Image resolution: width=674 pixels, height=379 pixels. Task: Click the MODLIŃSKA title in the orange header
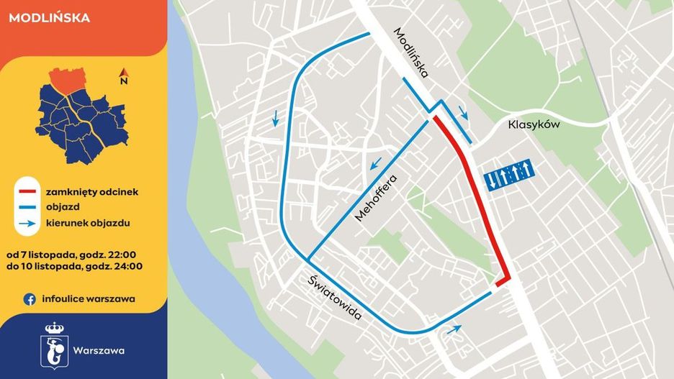[x=50, y=18]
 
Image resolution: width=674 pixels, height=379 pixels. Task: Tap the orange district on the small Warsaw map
[x=68, y=80]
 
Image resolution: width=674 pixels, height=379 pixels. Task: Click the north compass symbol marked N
[x=124, y=76]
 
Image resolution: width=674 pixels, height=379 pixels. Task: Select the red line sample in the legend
[x=27, y=192]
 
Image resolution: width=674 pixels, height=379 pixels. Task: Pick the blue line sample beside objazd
[x=27, y=208]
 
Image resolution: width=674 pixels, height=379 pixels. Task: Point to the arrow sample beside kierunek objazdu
[x=27, y=224]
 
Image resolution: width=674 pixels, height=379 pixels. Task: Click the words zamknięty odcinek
[x=91, y=192]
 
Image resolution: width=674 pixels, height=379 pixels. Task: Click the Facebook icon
[x=30, y=299]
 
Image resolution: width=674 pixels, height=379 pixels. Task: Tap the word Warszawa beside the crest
[x=99, y=351]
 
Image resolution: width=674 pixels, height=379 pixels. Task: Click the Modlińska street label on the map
[x=412, y=53]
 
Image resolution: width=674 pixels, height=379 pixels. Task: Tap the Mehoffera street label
[x=376, y=197]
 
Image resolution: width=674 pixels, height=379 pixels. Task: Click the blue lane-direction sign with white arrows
[x=508, y=174]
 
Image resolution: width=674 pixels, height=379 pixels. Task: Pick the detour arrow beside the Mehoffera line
[x=374, y=165]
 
